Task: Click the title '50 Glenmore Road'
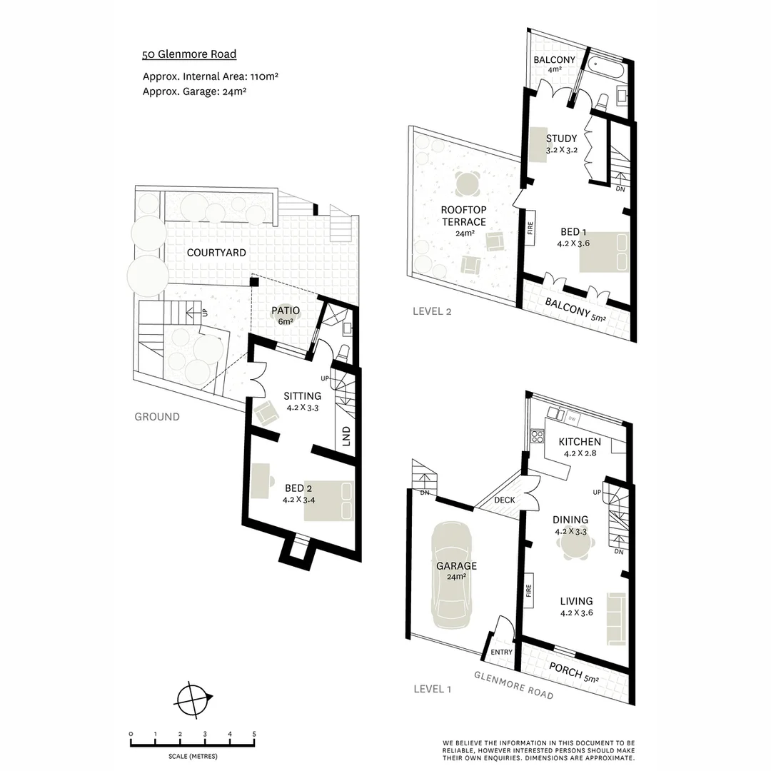point(189,54)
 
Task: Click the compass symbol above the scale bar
point(192,699)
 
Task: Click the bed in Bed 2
point(329,499)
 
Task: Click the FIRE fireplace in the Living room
point(530,591)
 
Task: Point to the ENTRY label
point(502,652)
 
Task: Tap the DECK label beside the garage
point(505,500)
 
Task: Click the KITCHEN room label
point(579,442)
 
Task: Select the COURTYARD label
point(216,253)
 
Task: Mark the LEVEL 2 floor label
point(432,311)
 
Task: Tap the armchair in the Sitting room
point(268,413)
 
